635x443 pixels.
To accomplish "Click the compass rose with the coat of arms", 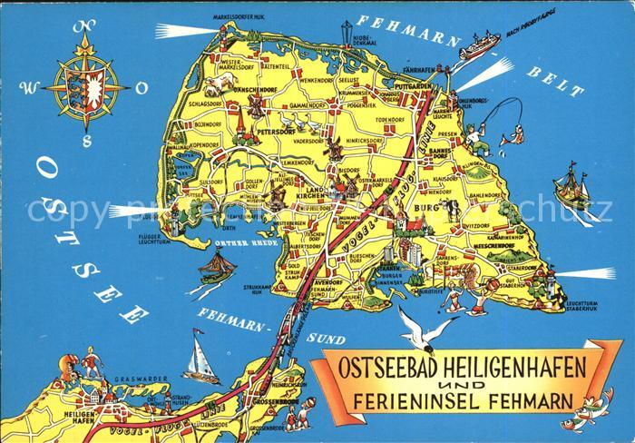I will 87,89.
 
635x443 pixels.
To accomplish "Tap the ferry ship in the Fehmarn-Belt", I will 480,46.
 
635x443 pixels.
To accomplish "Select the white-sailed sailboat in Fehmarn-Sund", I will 200,359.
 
